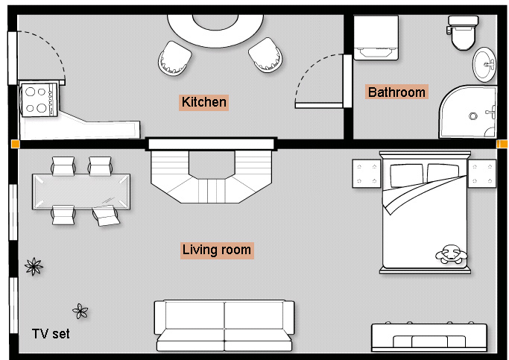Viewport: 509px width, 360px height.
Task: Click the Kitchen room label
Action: click(x=204, y=102)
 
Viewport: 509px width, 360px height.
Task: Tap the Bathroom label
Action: click(x=396, y=92)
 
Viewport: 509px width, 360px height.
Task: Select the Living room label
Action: click(x=217, y=250)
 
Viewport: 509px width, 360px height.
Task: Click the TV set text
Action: click(x=51, y=334)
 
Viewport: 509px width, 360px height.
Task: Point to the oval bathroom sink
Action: click(x=484, y=65)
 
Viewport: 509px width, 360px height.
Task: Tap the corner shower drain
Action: click(x=473, y=116)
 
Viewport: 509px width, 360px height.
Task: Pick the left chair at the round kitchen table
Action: click(x=174, y=58)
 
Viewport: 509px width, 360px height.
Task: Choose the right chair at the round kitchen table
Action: click(x=265, y=55)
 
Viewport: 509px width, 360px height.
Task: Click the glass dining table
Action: click(x=81, y=192)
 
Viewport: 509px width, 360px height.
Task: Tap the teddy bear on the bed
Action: click(x=451, y=253)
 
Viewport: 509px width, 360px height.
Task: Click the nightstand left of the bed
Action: click(x=367, y=174)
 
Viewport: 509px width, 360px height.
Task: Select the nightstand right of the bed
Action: click(x=482, y=174)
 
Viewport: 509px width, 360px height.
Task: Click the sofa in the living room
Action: click(x=224, y=326)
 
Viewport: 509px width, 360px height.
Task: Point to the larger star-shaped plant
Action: click(x=34, y=267)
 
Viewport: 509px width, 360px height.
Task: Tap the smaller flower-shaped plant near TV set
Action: click(x=80, y=311)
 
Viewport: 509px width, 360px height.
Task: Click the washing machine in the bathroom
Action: click(x=376, y=38)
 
